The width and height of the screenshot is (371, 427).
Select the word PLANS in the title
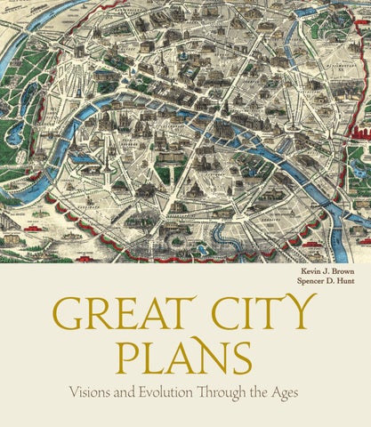tap(185, 356)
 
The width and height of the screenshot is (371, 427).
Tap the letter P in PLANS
tap(132, 356)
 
